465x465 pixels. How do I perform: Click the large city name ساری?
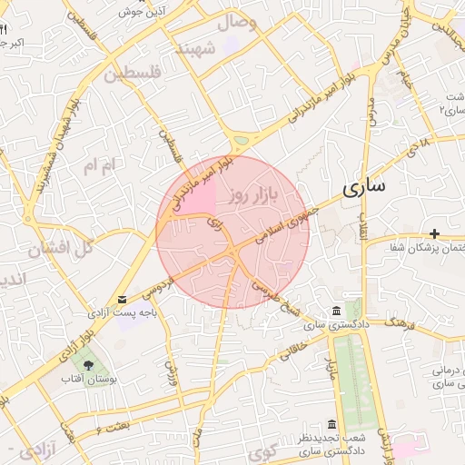tap(364, 188)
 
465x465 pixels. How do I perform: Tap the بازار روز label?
tap(252, 194)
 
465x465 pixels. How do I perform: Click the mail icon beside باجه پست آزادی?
tap(123, 300)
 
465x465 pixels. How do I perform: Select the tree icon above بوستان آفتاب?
tap(88, 365)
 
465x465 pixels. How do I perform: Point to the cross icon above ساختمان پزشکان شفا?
tap(435, 234)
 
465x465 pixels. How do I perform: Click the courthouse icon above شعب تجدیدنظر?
tap(331, 426)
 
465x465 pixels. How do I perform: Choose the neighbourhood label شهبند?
tap(197, 47)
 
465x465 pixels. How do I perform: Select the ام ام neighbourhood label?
tap(100, 166)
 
